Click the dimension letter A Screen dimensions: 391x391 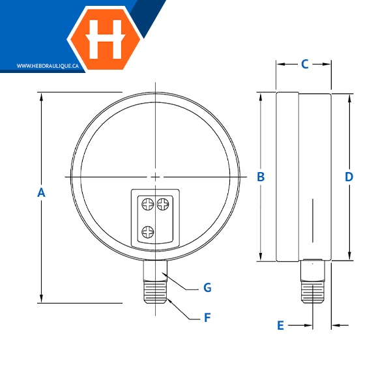click(41, 192)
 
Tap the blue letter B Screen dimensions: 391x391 click(261, 177)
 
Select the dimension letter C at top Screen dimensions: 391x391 click(305, 64)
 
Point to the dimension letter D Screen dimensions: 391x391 click(349, 177)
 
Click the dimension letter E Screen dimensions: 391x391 click(280, 325)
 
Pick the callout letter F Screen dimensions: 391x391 click(207, 318)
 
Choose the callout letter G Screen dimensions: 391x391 click(207, 287)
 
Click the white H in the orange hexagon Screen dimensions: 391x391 click(105, 39)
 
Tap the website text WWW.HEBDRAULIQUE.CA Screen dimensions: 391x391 click(48, 66)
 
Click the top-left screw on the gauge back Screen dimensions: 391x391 click(148, 204)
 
